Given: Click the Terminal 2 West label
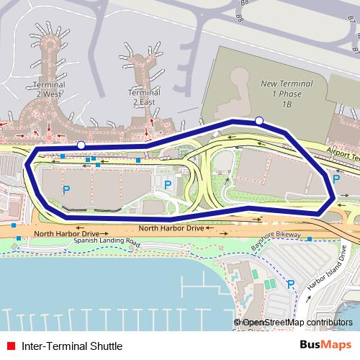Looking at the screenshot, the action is (x=49, y=90).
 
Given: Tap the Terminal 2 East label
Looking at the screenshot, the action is (x=143, y=97).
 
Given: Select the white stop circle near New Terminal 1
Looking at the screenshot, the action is (x=259, y=120).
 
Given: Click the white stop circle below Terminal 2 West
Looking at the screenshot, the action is (x=81, y=145).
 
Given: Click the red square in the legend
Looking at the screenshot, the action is (x=11, y=346).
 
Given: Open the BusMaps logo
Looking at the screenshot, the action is (x=326, y=346).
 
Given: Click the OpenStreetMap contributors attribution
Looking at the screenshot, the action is (x=294, y=322).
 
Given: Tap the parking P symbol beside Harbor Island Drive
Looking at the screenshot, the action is (x=291, y=284).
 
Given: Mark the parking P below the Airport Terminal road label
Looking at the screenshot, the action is (x=336, y=177).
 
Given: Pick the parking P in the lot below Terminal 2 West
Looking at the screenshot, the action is (x=66, y=190).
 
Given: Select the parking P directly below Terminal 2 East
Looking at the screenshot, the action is (x=168, y=185).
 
